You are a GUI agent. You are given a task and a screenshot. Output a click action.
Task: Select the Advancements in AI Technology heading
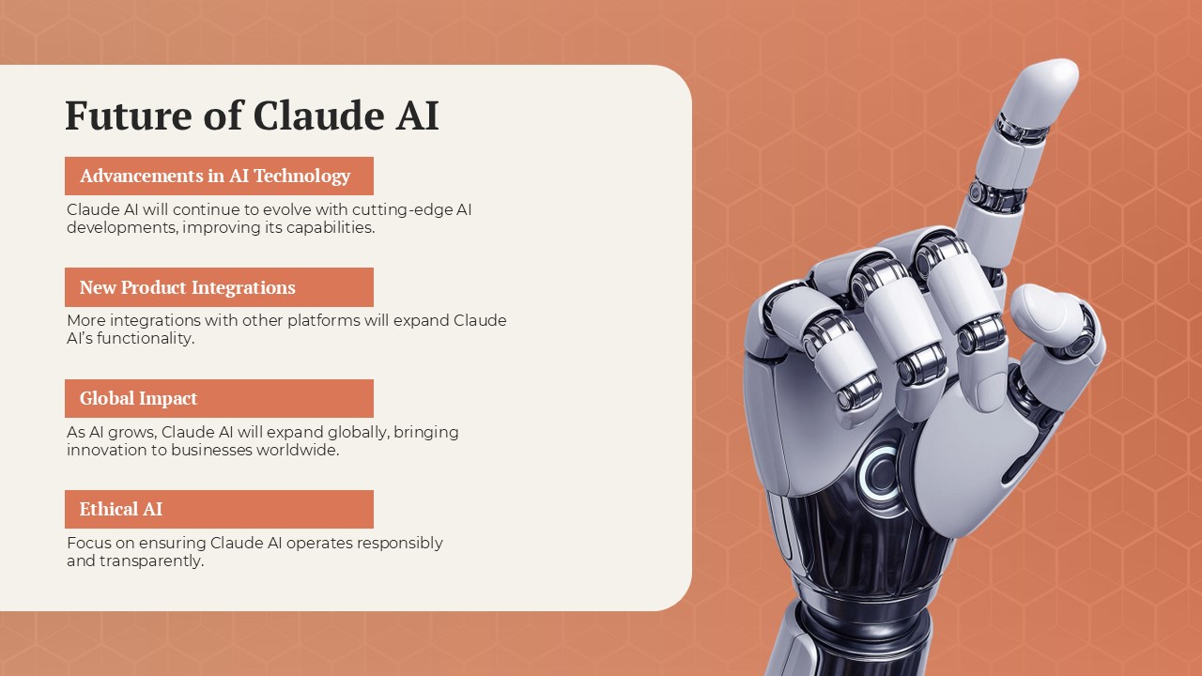[x=215, y=176]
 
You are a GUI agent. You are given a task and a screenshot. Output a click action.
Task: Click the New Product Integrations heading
[x=188, y=287]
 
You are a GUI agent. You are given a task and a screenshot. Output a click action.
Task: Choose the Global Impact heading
[x=139, y=398]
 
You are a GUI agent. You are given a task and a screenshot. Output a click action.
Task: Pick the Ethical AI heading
[x=121, y=509]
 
